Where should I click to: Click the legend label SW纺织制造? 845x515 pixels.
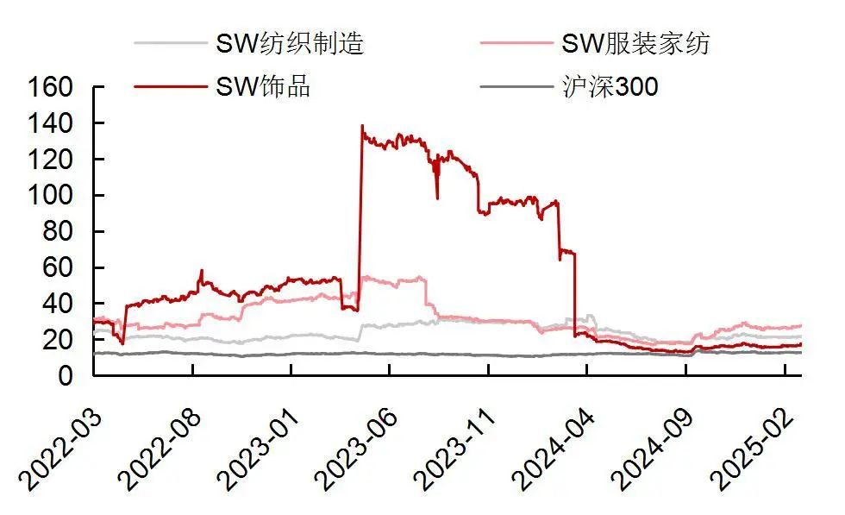coord(289,43)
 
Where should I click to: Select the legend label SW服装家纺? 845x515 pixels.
coord(635,43)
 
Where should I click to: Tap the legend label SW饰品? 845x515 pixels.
coord(262,85)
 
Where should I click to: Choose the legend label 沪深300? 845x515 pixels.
coord(609,85)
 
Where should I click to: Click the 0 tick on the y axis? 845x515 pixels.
coord(75,376)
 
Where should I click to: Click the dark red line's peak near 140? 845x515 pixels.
coord(362,126)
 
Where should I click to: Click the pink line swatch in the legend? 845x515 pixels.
coord(516,43)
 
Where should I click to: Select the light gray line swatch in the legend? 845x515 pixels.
coord(170,43)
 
